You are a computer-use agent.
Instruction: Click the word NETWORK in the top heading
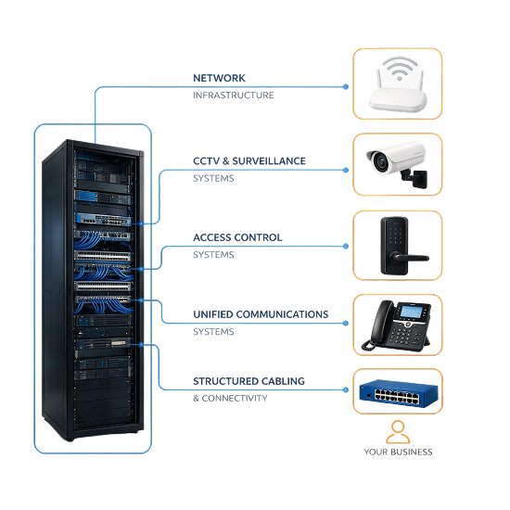point(219,78)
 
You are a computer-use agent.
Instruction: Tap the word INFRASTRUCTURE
point(233,96)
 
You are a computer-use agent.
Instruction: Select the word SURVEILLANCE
point(269,161)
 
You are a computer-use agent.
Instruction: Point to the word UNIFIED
point(213,314)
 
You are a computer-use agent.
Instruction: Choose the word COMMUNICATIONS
point(282,314)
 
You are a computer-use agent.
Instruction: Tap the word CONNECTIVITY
point(235,398)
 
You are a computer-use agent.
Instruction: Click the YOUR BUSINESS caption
point(398,452)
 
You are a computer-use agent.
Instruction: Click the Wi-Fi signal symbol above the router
point(400,69)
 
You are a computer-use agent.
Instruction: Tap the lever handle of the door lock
point(411,259)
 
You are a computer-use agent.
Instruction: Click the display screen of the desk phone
point(411,312)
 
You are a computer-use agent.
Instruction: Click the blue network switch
point(399,392)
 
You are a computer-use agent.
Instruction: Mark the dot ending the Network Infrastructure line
point(346,87)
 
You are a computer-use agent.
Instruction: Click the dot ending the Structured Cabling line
point(346,389)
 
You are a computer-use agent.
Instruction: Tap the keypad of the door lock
point(395,236)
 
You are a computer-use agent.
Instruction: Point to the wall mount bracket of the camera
point(415,178)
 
